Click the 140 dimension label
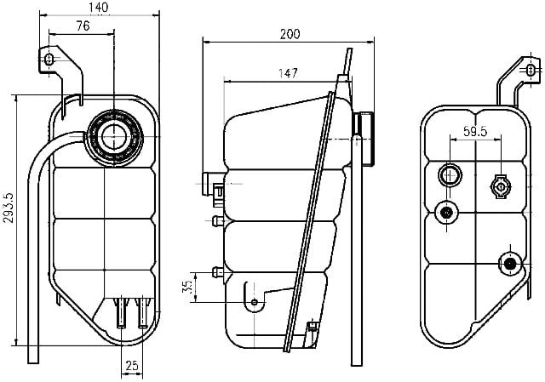point(99,8)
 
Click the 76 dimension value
point(83,26)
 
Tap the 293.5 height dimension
point(9,208)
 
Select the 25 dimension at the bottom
point(132,365)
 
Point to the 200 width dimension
point(290,34)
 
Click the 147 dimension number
point(288,73)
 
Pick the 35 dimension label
point(187,287)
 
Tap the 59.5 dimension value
point(475,132)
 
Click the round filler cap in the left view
point(114,136)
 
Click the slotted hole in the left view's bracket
point(49,60)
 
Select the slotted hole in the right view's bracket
point(530,70)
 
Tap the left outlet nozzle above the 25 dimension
point(121,312)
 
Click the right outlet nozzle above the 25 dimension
point(142,312)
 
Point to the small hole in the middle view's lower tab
point(254,302)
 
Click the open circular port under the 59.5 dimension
point(450,175)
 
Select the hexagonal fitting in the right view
point(501,187)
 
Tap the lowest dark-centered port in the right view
point(510,264)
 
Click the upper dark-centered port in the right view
point(446,212)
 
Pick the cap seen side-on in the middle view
point(364,138)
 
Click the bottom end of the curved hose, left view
point(33,363)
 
